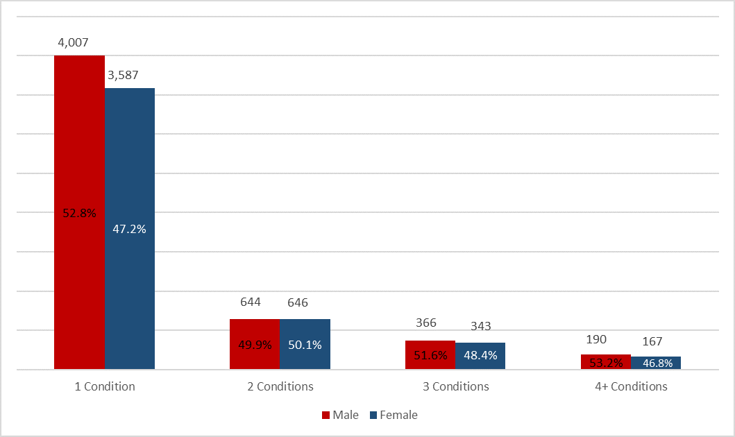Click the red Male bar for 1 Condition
click(x=79, y=139)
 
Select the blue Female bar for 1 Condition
click(x=130, y=160)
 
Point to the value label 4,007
click(x=73, y=43)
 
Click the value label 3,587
click(x=123, y=75)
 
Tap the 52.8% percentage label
click(x=79, y=214)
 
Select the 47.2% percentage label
click(x=130, y=229)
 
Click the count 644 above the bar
click(x=250, y=302)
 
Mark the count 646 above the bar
click(x=298, y=302)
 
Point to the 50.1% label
click(x=305, y=345)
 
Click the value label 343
click(x=480, y=326)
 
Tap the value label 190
click(x=596, y=339)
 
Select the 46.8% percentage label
click(x=656, y=363)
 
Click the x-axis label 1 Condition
click(x=105, y=386)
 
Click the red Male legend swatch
click(x=324, y=415)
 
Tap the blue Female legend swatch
click(x=372, y=415)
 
